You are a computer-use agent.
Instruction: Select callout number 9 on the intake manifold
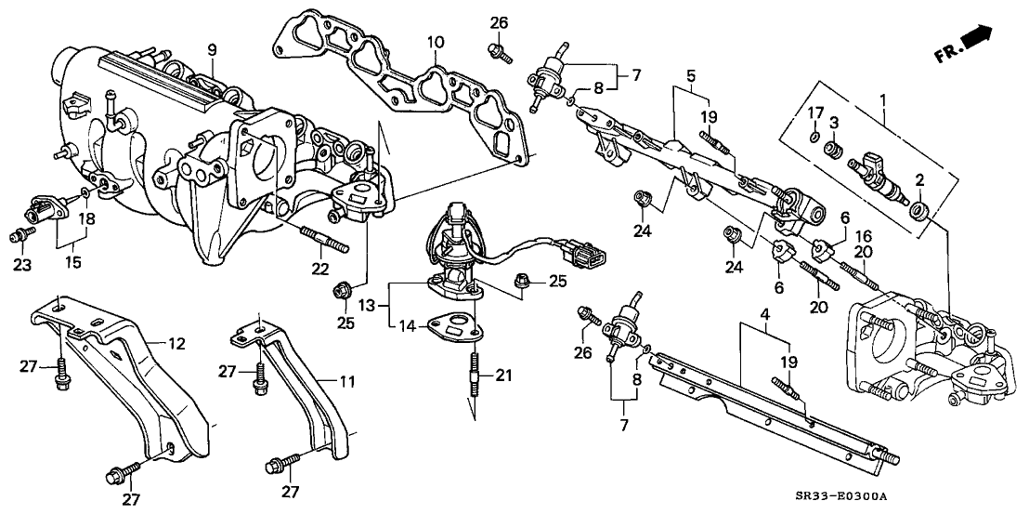212,48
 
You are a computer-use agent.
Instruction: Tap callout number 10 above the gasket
436,43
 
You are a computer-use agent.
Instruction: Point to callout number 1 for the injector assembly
883,99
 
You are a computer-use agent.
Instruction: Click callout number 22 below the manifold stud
319,269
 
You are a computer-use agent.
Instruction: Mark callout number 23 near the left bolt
22,265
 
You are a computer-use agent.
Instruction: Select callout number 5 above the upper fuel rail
691,72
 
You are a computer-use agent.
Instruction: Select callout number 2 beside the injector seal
918,179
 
